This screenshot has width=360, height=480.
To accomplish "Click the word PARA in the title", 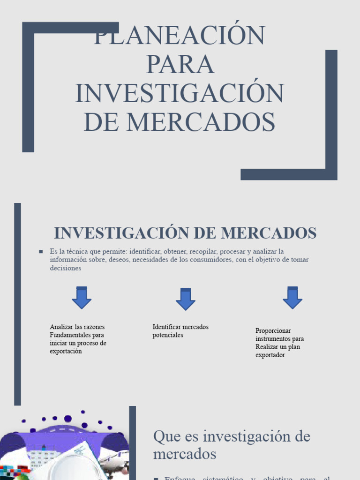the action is [180, 64].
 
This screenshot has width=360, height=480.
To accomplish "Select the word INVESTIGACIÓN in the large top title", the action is [180, 93].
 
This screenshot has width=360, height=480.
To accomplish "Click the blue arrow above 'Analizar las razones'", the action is [82, 298].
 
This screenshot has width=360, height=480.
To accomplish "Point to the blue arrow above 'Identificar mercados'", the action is [186, 299].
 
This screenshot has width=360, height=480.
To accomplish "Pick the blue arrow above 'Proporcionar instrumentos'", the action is [292, 298].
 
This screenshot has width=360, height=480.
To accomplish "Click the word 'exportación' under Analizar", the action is [66, 351].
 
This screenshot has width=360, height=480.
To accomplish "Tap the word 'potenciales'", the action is [168, 335].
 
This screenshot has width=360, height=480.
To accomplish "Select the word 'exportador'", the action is [270, 355].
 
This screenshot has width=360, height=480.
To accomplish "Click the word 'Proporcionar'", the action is [273, 330].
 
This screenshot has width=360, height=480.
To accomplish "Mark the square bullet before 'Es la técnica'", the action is [41, 252].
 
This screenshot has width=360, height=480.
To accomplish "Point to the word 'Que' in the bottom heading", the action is [164, 436].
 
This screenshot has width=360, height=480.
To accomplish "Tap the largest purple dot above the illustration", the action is [67, 419].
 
